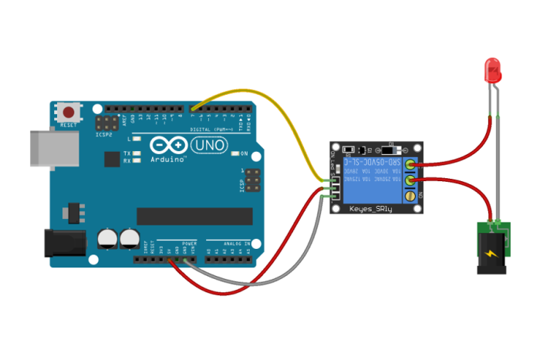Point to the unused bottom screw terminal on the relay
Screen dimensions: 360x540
[x=410, y=199]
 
